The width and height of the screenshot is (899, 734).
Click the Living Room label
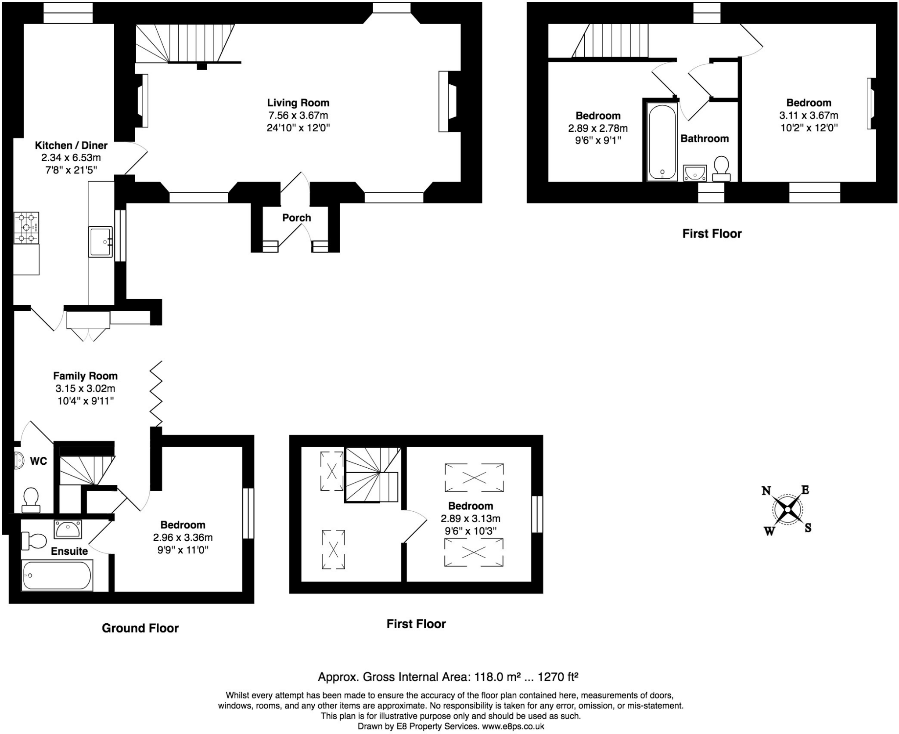coord(298,103)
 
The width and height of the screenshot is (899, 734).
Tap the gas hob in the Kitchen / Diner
coord(26,228)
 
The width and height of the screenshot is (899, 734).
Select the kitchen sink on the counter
coord(101,242)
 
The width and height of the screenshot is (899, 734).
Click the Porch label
coord(296,218)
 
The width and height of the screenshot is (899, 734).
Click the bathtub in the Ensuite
coord(57,575)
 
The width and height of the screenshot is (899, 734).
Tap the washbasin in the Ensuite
coord(68,529)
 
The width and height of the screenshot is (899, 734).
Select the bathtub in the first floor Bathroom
coord(662,142)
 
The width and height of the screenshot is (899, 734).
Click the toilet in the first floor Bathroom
coord(721,169)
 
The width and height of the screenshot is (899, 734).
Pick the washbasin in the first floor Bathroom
coord(695,173)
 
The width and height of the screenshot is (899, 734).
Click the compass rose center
coord(788,510)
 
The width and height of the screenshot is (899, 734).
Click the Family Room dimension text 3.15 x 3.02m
coord(85,388)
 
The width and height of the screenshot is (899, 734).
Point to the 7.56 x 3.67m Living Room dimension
coord(298,116)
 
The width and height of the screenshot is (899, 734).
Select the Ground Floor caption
coord(140,628)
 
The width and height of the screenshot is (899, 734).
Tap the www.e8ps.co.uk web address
coord(513,726)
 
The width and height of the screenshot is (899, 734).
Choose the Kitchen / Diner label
coord(71,145)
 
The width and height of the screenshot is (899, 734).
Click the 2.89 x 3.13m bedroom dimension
coord(471,518)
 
